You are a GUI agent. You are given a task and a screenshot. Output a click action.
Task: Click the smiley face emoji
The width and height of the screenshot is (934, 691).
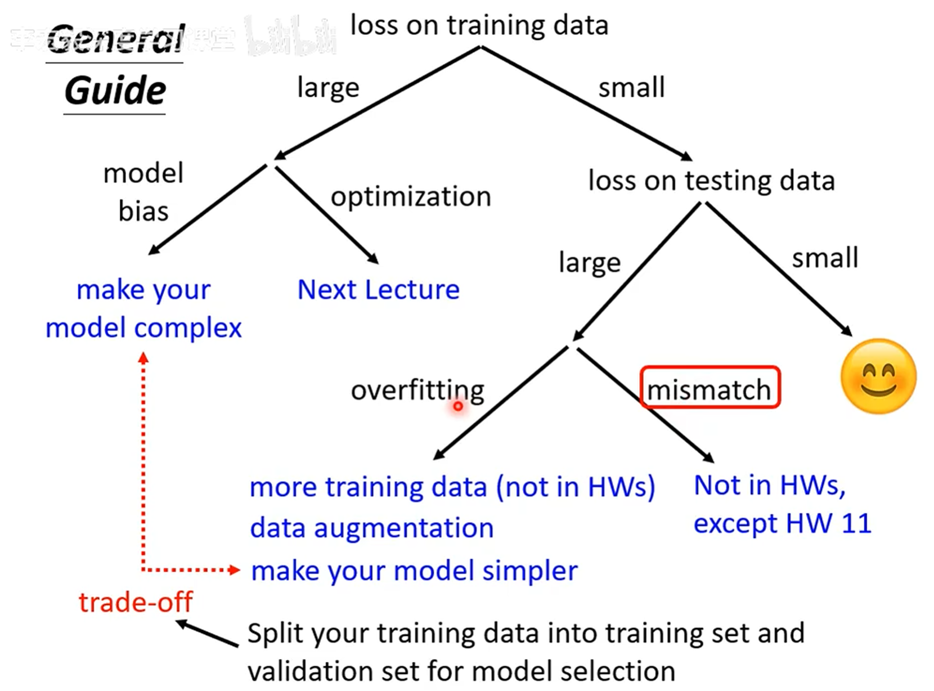878,376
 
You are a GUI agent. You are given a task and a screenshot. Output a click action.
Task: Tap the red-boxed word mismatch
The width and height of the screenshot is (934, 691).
709,389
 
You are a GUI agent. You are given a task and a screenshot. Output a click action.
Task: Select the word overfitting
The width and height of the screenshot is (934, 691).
417,390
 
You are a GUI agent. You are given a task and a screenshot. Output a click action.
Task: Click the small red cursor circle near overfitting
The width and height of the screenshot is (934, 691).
458,406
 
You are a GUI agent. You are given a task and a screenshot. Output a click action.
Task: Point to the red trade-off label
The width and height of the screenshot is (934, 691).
135,602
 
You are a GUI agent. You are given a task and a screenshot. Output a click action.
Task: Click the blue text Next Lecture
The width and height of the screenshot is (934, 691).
378,290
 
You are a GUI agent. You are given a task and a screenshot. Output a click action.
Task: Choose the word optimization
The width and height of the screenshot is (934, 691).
411,197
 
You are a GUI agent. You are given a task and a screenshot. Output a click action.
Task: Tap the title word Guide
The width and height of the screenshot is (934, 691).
115,91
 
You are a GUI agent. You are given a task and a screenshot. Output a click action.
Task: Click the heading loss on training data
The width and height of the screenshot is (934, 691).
479,26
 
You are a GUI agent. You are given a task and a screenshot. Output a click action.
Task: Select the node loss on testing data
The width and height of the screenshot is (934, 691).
711,181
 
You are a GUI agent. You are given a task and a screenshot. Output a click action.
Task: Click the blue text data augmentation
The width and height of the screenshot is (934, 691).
371,528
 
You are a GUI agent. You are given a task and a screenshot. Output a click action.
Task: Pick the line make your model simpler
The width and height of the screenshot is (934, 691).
414,571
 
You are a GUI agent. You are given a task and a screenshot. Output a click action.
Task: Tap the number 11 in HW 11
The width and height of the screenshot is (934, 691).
856,523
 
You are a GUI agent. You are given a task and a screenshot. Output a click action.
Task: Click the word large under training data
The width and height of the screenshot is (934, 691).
328,88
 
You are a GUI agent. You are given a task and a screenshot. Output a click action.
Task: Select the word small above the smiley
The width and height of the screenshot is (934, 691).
825,258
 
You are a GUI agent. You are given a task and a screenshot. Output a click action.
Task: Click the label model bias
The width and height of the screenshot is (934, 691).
143,192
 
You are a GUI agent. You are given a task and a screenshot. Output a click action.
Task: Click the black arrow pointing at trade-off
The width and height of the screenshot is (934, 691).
205,633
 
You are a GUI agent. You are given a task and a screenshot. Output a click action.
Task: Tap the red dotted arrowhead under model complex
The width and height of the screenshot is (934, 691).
143,358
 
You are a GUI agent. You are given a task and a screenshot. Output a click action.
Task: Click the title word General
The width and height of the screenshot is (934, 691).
116,39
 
